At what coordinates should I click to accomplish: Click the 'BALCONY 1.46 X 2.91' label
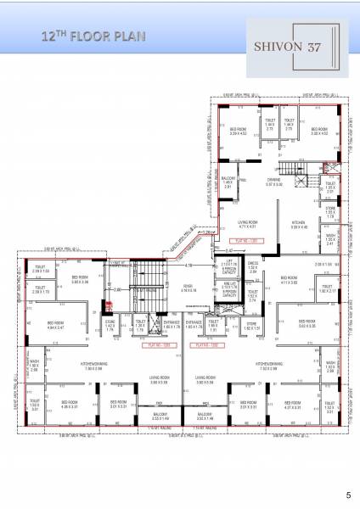[x=228, y=182]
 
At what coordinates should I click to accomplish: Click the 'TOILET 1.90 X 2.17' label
[x=331, y=291]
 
